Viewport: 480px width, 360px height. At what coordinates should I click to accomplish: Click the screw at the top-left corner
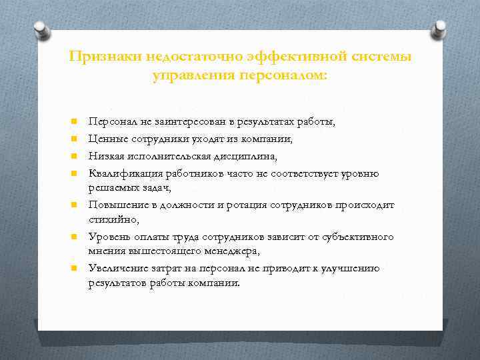click(x=40, y=29)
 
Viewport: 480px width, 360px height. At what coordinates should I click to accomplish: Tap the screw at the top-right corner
click(x=439, y=29)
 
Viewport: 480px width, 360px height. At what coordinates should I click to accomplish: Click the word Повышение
click(x=115, y=205)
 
